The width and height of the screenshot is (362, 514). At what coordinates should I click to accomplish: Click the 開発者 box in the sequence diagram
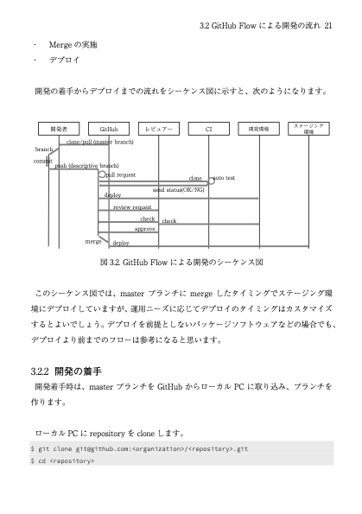click(x=60, y=129)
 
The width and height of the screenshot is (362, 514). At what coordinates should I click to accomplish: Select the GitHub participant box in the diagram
click(x=109, y=129)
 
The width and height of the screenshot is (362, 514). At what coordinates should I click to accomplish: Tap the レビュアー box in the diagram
click(x=159, y=129)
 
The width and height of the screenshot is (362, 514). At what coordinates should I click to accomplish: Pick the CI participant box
click(x=209, y=129)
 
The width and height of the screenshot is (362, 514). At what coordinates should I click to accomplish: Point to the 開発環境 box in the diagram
click(x=258, y=129)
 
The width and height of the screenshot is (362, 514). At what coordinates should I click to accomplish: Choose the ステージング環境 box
click(x=308, y=128)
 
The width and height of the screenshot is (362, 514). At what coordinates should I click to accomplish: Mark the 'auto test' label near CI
click(x=225, y=178)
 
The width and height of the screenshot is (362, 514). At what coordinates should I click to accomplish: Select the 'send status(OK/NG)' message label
click(x=179, y=188)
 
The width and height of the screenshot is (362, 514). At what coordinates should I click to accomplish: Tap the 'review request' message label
click(x=132, y=208)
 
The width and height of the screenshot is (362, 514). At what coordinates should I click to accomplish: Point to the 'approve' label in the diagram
click(x=144, y=229)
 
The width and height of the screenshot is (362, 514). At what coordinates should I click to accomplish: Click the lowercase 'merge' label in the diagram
click(x=93, y=241)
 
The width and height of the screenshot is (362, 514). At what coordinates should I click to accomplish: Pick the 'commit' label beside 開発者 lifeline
click(x=42, y=161)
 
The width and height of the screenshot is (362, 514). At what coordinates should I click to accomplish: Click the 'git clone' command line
click(x=140, y=449)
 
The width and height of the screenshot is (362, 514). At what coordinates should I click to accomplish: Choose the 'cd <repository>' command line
click(x=62, y=461)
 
